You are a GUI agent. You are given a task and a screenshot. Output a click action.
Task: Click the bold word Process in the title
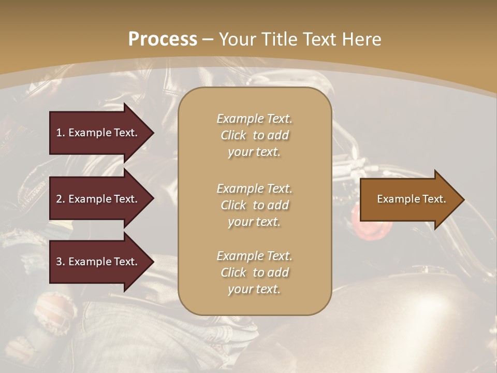163,39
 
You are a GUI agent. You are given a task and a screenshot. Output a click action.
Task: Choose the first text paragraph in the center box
254,135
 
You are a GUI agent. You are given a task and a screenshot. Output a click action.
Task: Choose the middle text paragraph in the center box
254,205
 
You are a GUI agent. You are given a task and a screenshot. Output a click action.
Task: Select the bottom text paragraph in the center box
254,272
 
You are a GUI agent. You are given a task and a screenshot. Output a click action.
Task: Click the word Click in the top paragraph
233,135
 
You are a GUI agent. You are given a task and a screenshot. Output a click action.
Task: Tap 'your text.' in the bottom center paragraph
254,289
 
